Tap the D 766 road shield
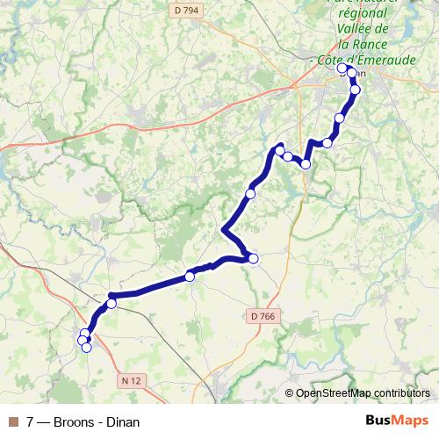coord(260,316)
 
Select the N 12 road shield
coord(130,380)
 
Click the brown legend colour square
coord(13,422)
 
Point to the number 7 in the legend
coord(31,422)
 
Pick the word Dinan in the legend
coord(122,422)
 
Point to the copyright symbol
coord(290,393)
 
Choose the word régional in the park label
coord(362,13)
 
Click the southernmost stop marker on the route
coord(86,348)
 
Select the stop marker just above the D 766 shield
coord(253,258)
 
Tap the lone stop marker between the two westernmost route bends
coord(190,277)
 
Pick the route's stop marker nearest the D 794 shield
coord(342,68)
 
